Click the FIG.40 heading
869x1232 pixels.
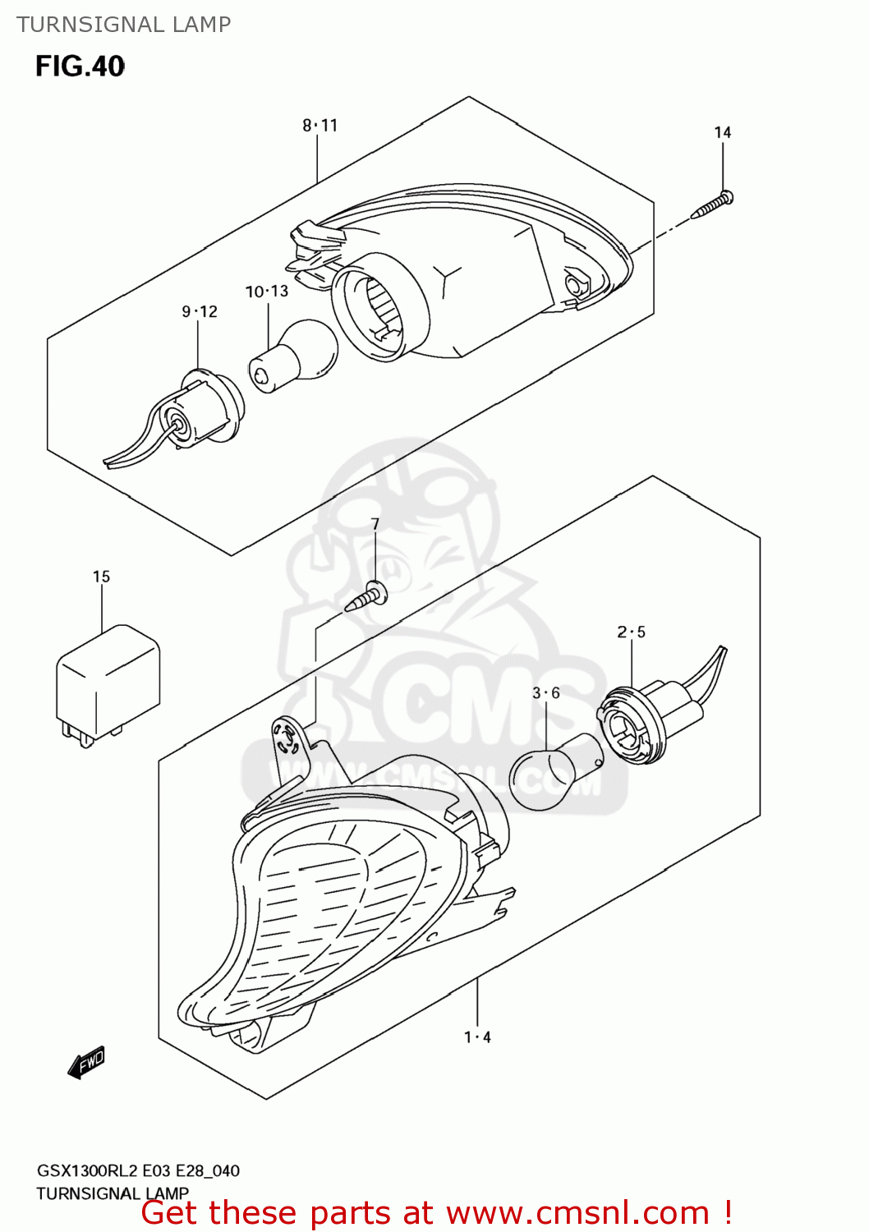[x=80, y=67]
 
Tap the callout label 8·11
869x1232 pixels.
[x=320, y=126]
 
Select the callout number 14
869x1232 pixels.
[x=722, y=132]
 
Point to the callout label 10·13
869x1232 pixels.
[x=267, y=291]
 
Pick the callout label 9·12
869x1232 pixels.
[x=200, y=312]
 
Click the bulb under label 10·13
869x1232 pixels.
[x=293, y=356]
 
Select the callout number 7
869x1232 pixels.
[x=375, y=524]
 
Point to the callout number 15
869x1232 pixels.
[x=101, y=577]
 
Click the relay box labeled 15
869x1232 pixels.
[x=108, y=685]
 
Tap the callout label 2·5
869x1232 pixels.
[x=631, y=632]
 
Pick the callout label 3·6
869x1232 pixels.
[x=545, y=693]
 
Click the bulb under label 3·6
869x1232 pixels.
[x=556, y=771]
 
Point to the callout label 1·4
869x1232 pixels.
[x=477, y=1037]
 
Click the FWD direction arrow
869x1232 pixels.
[x=85, y=1062]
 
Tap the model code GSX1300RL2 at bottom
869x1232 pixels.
[x=87, y=1170]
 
